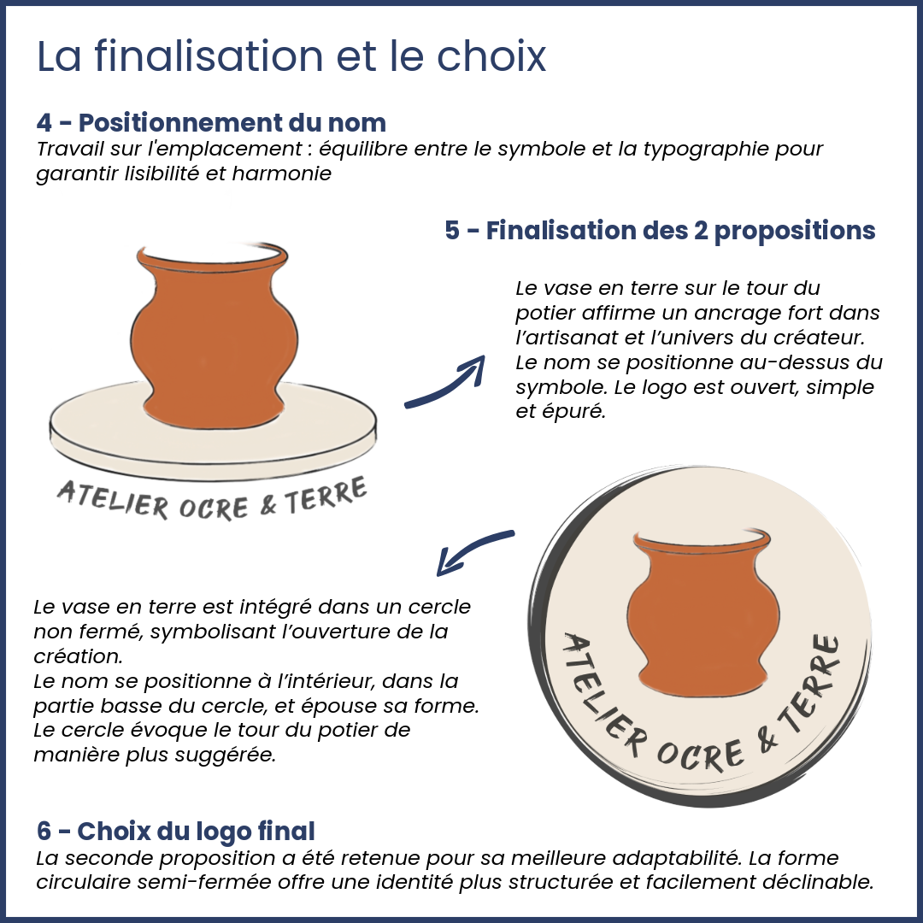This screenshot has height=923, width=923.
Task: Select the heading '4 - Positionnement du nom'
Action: [211, 122]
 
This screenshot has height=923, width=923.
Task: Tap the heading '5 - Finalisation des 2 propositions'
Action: [660, 231]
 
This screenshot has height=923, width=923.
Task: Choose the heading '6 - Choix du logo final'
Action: [175, 832]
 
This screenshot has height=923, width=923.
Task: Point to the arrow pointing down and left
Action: [471, 550]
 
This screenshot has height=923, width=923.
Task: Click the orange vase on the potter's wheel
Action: [213, 336]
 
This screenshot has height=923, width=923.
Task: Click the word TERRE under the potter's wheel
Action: [326, 496]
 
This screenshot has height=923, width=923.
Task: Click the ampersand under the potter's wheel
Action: [267, 504]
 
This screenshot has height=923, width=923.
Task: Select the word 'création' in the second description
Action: [78, 656]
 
